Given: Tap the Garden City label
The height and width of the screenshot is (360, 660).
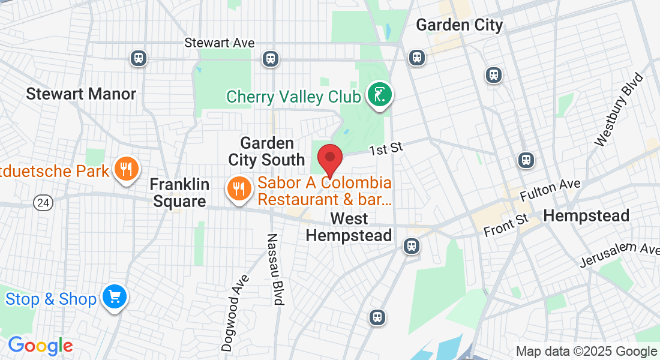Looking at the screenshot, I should (459, 25).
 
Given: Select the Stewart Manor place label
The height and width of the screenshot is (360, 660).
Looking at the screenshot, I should (81, 94).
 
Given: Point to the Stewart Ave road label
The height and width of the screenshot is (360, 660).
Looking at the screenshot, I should (220, 43).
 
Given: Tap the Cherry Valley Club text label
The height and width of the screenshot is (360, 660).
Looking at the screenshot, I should (293, 97).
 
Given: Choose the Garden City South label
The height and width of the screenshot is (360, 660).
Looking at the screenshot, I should (266, 152).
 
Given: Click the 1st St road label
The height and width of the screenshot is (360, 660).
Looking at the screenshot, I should (385, 148).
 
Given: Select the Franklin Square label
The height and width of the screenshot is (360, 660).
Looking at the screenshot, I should (179, 193).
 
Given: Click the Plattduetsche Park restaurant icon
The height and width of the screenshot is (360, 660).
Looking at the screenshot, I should (126, 169).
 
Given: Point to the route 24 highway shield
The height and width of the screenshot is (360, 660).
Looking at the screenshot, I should (43, 203).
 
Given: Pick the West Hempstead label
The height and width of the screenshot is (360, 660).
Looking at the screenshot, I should (349, 227).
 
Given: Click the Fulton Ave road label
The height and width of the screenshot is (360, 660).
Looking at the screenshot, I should (550, 191).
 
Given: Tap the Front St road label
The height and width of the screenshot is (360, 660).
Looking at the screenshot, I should (506, 225).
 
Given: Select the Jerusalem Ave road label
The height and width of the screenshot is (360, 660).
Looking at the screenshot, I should (618, 255).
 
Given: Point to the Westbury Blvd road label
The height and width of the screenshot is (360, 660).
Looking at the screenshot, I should (619, 110).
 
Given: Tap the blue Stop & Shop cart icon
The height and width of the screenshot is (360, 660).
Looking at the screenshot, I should (115, 297).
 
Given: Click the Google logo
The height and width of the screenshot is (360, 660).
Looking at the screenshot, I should (40, 346).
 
